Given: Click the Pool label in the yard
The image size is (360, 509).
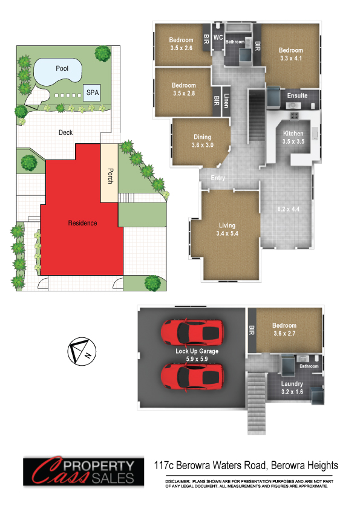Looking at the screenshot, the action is (62, 68).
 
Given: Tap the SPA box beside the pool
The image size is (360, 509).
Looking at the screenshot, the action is (92, 92).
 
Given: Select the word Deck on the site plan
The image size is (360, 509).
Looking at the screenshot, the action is (65, 132).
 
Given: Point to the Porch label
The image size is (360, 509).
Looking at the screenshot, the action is (111, 176).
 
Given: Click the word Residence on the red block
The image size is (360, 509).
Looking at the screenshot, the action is (82, 223).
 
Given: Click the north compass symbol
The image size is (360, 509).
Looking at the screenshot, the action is (82, 351).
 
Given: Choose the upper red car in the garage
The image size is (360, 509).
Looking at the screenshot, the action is (192, 332).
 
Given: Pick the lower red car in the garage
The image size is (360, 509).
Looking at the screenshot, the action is (192, 376).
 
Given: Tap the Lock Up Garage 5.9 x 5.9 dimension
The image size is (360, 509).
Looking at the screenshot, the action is (197, 358).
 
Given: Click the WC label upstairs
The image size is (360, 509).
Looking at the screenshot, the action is (218, 37).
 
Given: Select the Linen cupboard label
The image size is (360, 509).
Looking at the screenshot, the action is (226, 100).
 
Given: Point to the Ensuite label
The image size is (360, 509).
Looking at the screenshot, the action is (297, 96).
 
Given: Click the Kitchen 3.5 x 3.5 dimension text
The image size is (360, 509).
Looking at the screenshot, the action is (293, 141).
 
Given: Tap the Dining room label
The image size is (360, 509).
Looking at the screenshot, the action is (203, 137).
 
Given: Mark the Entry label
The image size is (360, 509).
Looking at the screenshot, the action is (218, 178).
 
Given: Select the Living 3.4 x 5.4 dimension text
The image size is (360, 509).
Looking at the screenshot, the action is (227, 233).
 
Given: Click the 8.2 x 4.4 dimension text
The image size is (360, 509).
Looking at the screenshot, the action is (289, 209).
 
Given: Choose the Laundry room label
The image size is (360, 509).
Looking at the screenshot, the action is (292, 384).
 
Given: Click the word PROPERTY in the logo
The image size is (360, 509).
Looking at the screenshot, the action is (99, 466).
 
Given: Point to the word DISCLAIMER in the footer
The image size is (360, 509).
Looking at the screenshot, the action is (177, 481).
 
